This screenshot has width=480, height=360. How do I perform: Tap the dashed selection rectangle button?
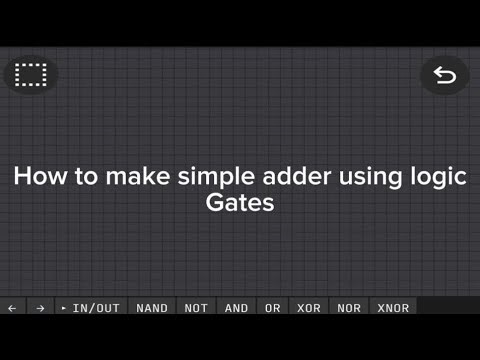32,75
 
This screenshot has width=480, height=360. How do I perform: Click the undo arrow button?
445,75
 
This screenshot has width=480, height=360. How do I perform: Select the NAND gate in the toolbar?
152,308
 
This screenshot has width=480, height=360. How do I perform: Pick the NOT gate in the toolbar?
196,308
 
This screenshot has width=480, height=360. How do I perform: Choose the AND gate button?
236,308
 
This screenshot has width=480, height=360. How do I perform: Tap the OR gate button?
272,308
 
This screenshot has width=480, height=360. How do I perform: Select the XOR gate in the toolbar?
309,308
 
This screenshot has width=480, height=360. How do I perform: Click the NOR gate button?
349,308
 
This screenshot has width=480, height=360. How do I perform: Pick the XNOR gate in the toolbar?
393,308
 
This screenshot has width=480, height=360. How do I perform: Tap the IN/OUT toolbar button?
91,308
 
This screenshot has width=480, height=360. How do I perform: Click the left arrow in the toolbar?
12,308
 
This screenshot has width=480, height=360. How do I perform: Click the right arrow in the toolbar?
40,308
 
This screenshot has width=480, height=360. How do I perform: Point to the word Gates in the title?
240,203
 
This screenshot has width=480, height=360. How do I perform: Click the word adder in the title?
295,177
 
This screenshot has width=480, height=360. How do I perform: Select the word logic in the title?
438,177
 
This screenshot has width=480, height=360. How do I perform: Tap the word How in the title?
37,177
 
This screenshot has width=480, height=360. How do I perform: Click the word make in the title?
139,177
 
